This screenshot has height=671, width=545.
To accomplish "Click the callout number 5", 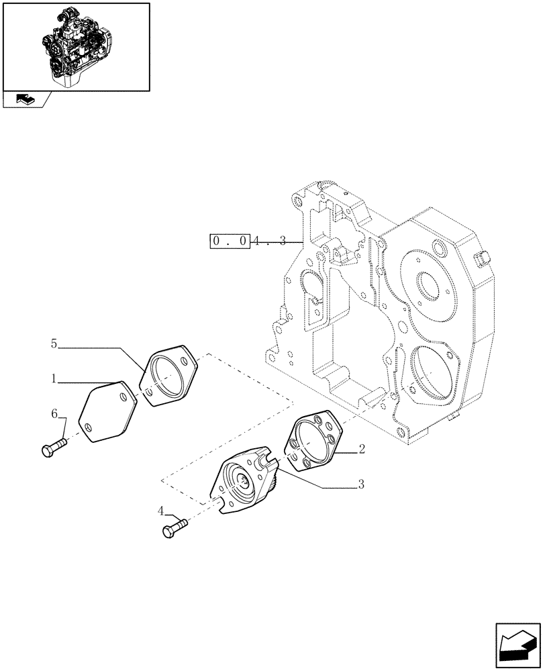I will click(x=54, y=344).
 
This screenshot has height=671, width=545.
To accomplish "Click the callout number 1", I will click(x=52, y=379).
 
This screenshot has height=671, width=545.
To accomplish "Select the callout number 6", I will click(x=54, y=416).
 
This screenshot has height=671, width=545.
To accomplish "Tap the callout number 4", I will click(x=161, y=511).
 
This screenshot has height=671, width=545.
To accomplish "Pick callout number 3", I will click(x=361, y=484).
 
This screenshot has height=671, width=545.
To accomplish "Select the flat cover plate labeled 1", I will click(x=107, y=411).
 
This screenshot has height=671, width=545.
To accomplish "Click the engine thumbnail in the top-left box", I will click(x=75, y=46).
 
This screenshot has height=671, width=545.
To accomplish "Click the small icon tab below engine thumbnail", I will click(x=25, y=100).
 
